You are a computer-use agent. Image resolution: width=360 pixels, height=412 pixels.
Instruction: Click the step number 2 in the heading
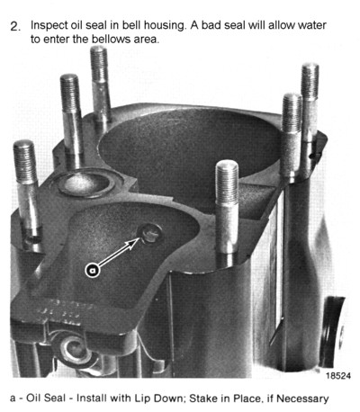click(x=15, y=26)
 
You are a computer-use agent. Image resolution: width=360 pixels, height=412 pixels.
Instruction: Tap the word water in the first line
click(x=312, y=25)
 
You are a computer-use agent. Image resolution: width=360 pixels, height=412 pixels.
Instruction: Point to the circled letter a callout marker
click(x=93, y=270)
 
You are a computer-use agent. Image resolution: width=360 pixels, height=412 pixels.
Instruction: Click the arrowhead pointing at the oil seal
click(x=134, y=242)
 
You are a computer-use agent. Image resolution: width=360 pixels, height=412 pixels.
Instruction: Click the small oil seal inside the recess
click(x=149, y=234)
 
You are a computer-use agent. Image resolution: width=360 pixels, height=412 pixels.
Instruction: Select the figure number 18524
click(x=338, y=376)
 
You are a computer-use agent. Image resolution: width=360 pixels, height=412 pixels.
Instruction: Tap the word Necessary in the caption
click(x=302, y=399)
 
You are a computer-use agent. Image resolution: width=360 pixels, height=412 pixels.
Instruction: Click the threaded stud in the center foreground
click(x=227, y=213)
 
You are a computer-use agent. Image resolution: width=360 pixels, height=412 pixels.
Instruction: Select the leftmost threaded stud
click(x=26, y=192)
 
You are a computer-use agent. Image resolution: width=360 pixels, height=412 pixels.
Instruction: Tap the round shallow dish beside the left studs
click(x=86, y=183)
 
